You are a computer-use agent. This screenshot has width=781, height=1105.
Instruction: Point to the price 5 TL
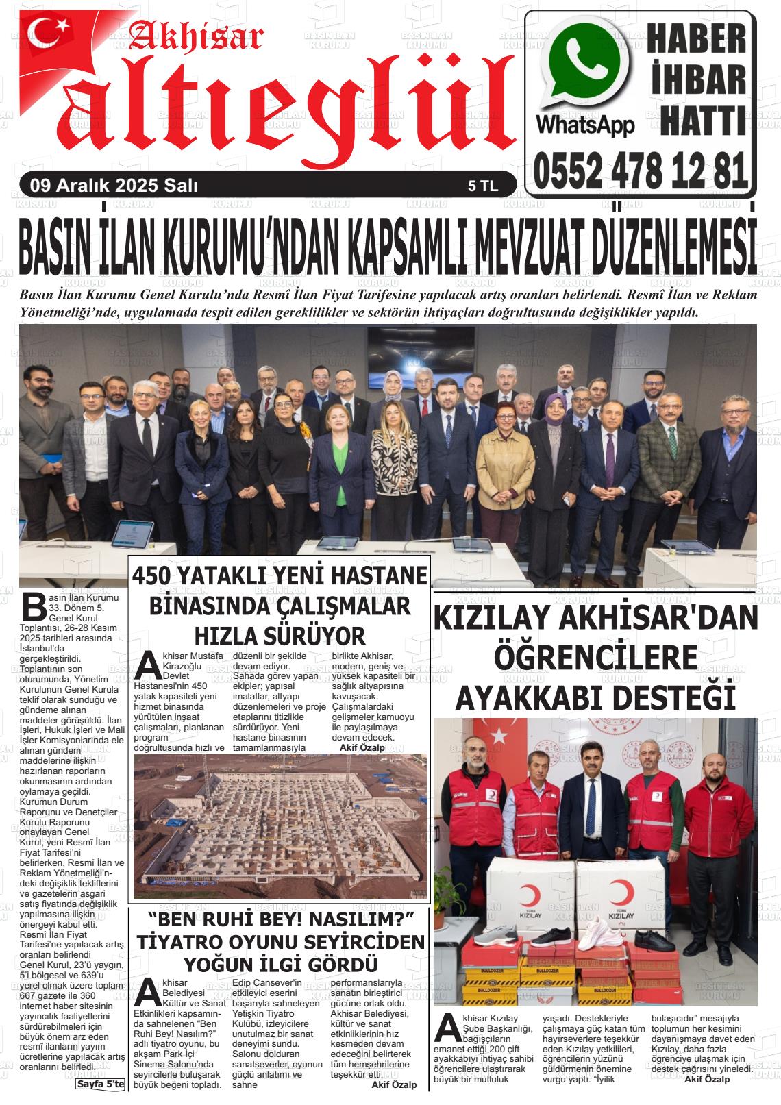tap(483, 186)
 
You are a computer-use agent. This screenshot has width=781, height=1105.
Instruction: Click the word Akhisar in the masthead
tap(196, 38)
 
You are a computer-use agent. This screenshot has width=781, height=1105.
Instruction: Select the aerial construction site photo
tap(280, 826)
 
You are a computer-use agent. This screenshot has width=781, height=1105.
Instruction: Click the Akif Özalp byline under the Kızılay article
tap(706, 1080)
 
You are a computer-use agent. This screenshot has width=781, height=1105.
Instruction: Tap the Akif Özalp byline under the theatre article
tap(393, 1085)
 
